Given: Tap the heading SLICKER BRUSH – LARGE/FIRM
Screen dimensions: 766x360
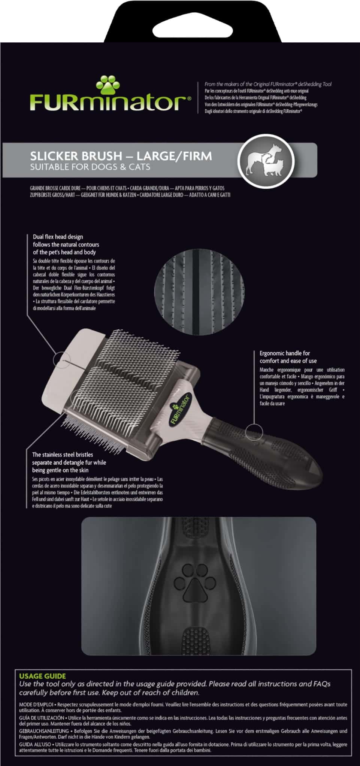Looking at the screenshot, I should (x=121, y=156).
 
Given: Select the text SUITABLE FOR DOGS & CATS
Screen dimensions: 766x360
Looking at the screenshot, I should (x=90, y=167).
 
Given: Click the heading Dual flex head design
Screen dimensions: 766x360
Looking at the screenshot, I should (x=58, y=237).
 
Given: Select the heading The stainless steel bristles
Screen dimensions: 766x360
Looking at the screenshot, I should (x=63, y=455).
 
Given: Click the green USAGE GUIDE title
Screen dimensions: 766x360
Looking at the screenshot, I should (x=42, y=676).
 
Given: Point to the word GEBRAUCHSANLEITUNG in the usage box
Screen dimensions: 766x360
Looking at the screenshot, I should (x=44, y=731).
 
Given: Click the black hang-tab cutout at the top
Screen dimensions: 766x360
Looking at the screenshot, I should (x=180, y=21).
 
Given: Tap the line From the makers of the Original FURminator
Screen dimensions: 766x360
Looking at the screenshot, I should (x=268, y=84).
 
